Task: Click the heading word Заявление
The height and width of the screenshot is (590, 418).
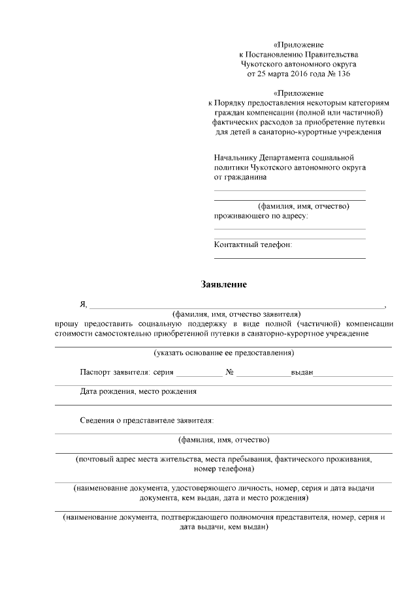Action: (224, 285)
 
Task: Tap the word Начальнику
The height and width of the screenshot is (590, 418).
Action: (236, 157)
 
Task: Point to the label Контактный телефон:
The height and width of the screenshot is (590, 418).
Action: (253, 244)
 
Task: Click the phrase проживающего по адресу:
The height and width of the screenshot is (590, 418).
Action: (261, 216)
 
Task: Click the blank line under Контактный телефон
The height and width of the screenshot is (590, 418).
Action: (289, 258)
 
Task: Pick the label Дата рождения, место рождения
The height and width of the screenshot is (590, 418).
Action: (138, 392)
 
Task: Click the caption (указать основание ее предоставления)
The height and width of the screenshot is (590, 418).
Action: (223, 353)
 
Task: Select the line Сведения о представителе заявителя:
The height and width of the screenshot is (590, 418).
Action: (147, 420)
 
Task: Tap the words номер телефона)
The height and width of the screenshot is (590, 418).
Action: (224, 469)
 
